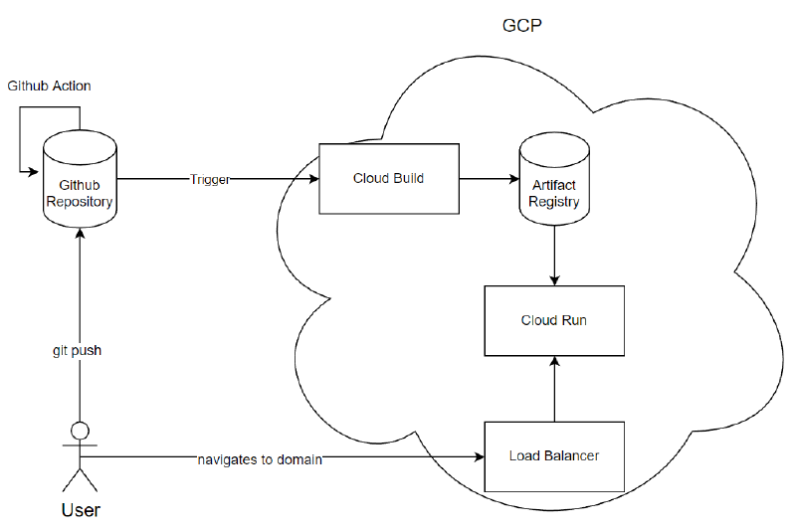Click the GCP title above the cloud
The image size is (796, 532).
pos(521,25)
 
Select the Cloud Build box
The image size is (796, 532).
pos(388,179)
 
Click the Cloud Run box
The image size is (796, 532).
pos(553,320)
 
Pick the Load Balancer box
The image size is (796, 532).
pos(553,456)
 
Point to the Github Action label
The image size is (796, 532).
pos(49,87)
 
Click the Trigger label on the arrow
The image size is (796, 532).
pos(209,180)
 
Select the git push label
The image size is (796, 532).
pos(78,351)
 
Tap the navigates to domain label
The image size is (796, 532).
pos(259,458)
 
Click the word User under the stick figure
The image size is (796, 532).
pos(80,510)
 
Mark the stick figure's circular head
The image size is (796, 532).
pos(80,432)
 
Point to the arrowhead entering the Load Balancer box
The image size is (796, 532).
pos(479,457)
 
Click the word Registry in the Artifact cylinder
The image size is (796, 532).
pos(554,202)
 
